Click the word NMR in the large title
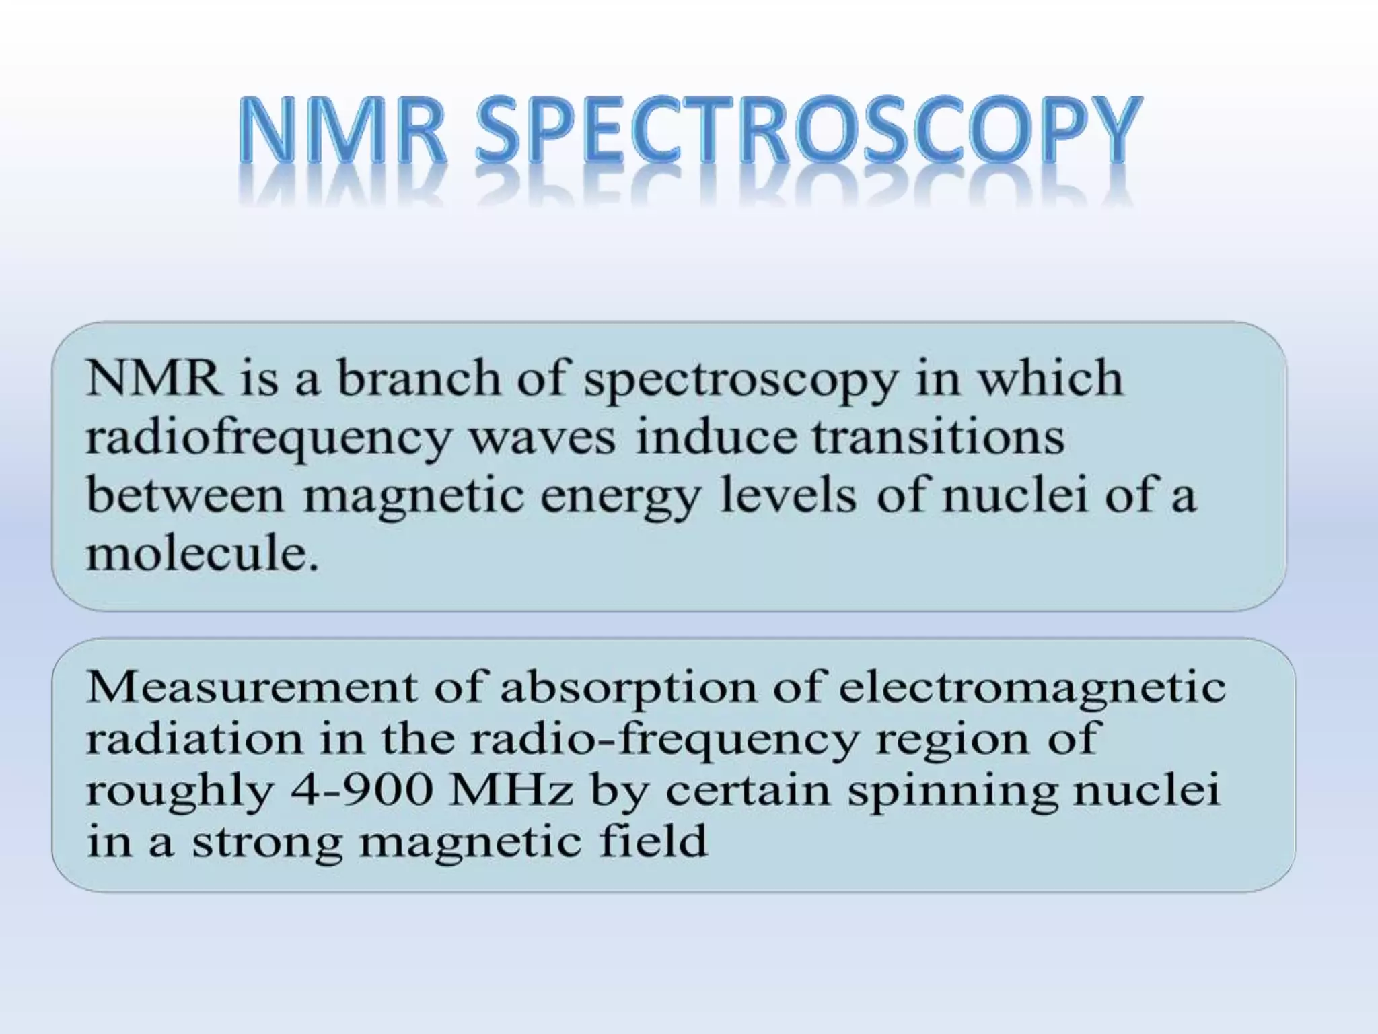pyautogui.click(x=342, y=131)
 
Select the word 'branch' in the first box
pyautogui.click(x=418, y=378)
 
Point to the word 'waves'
pyautogui.click(x=542, y=438)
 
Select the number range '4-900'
pyautogui.click(x=360, y=790)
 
